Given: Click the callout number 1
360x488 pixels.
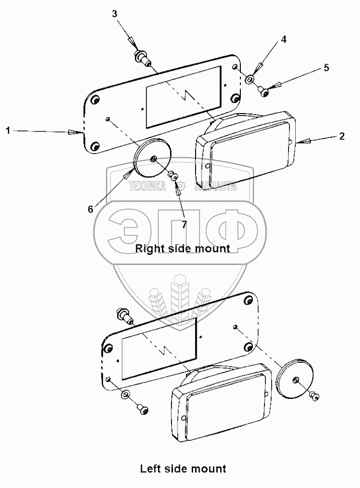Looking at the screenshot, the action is pos(8,131).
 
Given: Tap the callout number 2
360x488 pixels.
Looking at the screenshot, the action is pos(341,136).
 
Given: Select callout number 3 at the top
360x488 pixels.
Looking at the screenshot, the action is pos(115,14).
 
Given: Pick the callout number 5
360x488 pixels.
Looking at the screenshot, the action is pos(326,68).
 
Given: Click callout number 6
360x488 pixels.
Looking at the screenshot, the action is pos(91,209).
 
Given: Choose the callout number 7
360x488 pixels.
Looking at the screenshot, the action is pos(184,225).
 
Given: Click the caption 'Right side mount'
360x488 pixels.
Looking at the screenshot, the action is pos(183,248).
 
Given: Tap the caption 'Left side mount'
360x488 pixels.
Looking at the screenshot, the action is pos(183,469).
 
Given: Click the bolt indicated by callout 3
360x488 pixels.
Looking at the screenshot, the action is pos(141,58).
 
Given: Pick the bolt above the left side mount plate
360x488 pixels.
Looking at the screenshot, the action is pos(124,315).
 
